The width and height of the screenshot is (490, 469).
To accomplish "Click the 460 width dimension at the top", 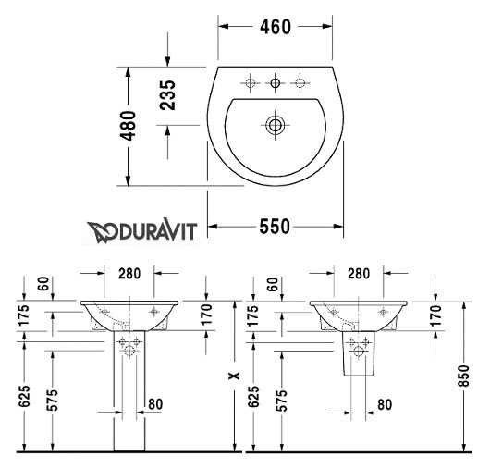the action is coord(276,27).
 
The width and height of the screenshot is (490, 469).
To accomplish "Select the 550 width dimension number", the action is coord(275,227).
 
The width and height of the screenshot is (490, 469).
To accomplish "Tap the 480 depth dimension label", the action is coord(129,126).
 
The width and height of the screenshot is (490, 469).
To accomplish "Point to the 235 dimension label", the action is coord(167,95).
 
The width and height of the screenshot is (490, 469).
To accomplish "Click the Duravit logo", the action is coord(141,232).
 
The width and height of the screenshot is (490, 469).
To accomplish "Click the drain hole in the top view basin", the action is coord(275,126).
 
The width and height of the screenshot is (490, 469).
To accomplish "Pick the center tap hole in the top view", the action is coord(276,83).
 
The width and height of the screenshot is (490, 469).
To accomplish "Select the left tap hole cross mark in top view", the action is coord(250,83).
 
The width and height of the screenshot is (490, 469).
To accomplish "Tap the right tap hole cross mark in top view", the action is coord(300,83).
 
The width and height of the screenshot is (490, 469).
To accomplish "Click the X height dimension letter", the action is coord(234,376).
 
